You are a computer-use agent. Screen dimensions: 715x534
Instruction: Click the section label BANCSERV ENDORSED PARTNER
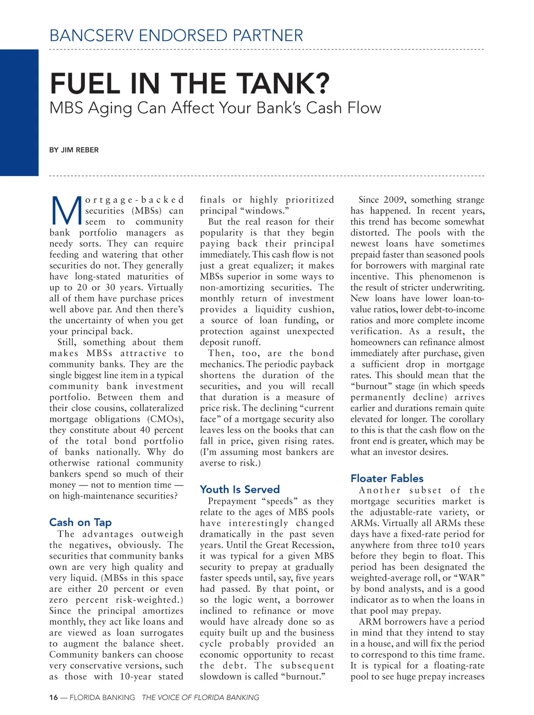coord(176,35)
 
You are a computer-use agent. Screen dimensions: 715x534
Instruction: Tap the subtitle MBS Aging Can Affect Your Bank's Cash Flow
coord(215,108)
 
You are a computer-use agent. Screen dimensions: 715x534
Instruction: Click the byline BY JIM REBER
coord(74,150)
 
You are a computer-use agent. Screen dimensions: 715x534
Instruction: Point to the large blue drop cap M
coord(66,211)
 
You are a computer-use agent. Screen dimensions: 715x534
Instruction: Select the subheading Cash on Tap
coord(80,522)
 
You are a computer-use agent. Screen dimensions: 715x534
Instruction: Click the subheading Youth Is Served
coord(240,489)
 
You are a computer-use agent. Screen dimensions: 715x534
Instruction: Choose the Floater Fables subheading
coord(387,478)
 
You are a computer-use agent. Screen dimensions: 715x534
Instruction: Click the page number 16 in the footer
coord(54,697)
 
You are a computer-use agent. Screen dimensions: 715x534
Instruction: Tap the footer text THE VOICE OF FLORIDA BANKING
coord(200,697)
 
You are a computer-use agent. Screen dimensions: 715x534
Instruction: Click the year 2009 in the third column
coord(395,200)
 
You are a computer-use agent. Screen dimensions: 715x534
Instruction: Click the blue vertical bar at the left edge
coord(19,112)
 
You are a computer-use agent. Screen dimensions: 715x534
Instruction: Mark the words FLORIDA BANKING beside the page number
coord(102,697)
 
